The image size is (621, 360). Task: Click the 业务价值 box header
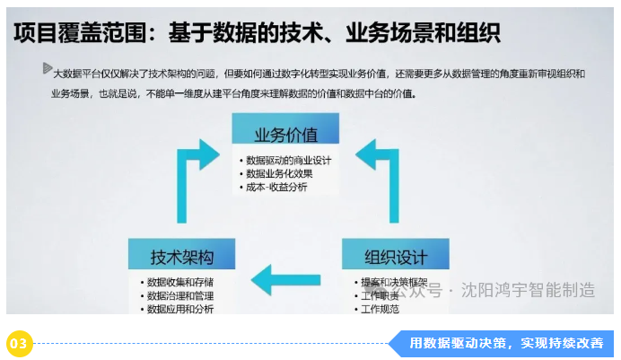285,135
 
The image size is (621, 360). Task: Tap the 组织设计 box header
395,258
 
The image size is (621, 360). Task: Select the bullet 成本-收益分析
276,187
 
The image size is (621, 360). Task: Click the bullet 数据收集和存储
180,282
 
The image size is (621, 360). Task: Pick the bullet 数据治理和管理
180,295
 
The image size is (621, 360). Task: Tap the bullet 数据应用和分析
180,309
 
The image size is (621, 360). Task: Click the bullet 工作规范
380,309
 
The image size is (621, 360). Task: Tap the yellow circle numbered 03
20,342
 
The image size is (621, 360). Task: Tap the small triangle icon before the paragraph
47,68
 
